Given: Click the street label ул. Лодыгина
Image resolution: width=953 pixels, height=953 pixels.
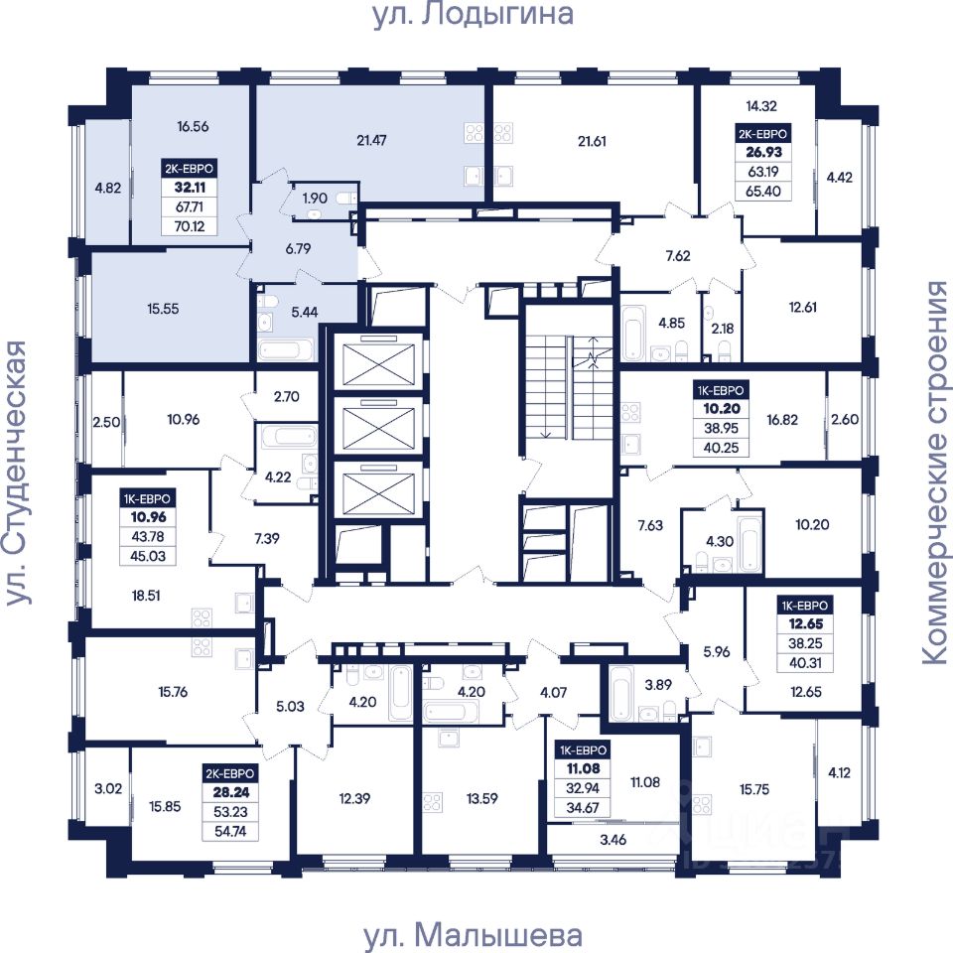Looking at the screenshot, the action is point(473,15).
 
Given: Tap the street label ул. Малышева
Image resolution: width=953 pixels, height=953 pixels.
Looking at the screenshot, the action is point(473,936).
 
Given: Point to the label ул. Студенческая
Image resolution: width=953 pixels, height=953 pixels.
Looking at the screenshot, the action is point(17,473).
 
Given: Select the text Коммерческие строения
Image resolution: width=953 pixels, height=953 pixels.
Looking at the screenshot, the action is point(936,473).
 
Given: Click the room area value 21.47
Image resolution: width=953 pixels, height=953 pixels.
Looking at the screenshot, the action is point(371,141).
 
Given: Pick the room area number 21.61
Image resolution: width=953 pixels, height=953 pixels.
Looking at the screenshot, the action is point(592,142).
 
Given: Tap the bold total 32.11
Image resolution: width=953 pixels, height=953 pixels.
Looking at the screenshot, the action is point(190,188).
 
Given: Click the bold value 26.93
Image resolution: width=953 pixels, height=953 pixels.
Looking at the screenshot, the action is point(764,152).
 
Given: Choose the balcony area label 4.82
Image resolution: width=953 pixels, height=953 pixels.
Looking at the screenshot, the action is point(107,188).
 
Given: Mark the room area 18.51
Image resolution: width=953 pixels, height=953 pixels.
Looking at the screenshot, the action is point(146,596).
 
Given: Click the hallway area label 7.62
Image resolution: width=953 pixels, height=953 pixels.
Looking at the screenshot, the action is point(678,256).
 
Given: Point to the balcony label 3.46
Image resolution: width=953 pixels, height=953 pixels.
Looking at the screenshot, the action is point(613,840).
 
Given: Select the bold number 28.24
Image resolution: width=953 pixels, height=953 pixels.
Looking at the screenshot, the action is point(231,792).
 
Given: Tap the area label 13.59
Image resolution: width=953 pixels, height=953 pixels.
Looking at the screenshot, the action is point(482,798).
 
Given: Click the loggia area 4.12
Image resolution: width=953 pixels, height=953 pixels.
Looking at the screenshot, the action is point(840,773).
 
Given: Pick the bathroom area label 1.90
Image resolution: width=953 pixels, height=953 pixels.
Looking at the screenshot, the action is point(315,199).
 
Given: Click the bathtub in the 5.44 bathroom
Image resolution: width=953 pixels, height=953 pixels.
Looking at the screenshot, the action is point(286,350).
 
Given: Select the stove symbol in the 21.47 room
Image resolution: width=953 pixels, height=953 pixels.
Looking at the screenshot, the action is point(474,132).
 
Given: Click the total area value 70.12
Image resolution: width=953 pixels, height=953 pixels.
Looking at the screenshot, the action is point(190,226).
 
